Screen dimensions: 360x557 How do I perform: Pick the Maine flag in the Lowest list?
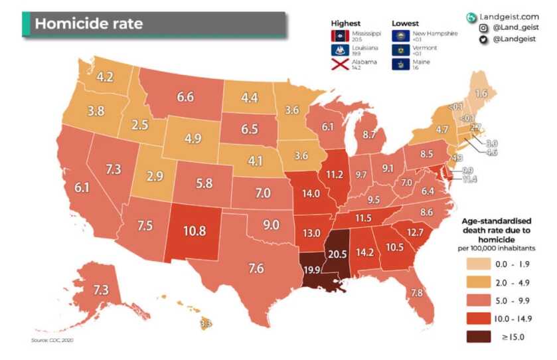tap(400, 65)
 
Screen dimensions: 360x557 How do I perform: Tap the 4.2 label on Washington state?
tap(105, 76)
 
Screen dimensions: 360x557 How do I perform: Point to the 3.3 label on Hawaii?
tap(206, 324)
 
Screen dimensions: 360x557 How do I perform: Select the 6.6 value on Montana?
tap(185, 97)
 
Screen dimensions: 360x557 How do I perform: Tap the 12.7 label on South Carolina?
tap(415, 232)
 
